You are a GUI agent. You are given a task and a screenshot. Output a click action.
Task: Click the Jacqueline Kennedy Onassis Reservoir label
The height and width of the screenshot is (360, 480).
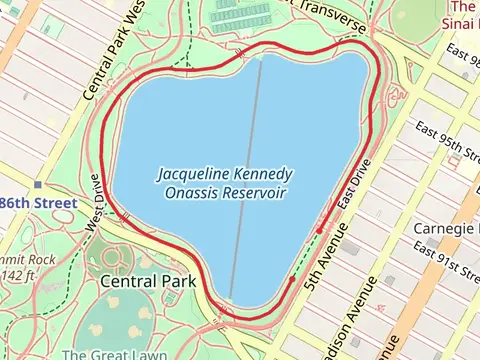[x=222, y=182]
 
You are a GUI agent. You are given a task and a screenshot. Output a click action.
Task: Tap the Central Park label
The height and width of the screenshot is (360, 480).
[x=148, y=282]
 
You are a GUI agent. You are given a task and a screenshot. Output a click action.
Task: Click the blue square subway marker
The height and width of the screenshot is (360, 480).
[x=38, y=185]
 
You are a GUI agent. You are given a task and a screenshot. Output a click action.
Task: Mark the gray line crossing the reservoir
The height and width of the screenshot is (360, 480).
[x=246, y=180]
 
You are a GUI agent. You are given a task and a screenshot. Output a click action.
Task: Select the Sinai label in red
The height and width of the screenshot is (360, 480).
[x=459, y=21]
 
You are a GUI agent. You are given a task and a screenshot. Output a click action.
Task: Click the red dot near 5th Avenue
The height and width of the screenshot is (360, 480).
[x=319, y=231]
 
